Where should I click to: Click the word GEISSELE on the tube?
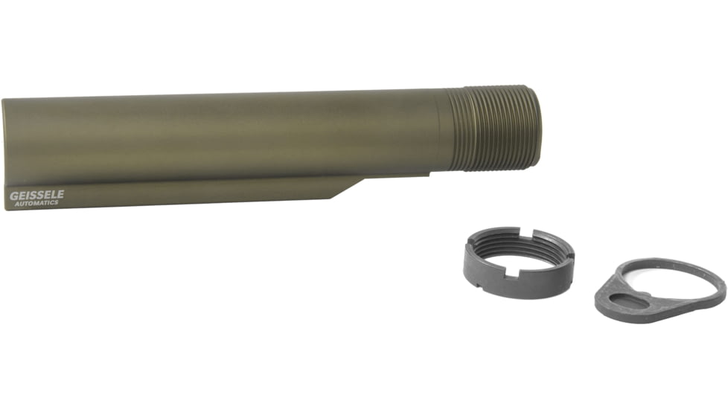(x=36, y=195)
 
